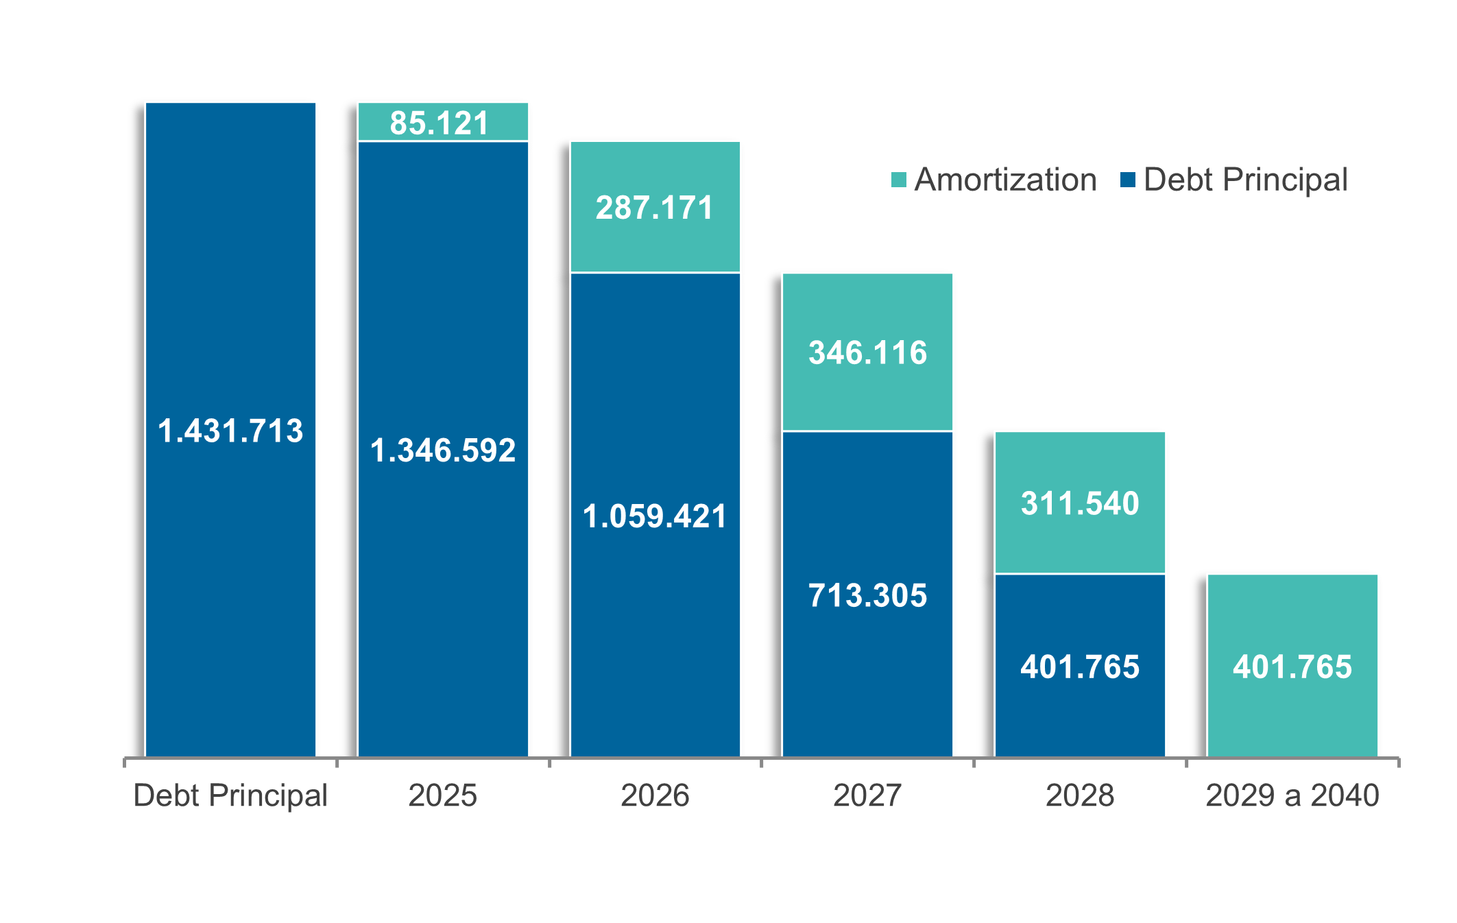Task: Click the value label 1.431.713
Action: (x=230, y=431)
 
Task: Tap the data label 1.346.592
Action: (x=443, y=451)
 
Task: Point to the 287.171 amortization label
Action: (x=655, y=208)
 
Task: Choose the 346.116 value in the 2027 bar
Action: (x=867, y=352)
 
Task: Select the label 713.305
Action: (x=867, y=595)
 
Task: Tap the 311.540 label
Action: (x=1080, y=503)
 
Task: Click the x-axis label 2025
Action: (x=443, y=795)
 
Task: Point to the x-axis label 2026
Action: (x=655, y=795)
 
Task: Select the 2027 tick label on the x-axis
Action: (x=867, y=795)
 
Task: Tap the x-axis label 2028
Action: (x=1080, y=795)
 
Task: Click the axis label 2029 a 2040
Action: (x=1292, y=795)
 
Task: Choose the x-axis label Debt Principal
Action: (x=230, y=795)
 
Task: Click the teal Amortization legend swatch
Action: (x=898, y=180)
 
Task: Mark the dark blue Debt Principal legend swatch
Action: (x=1128, y=180)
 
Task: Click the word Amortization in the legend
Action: (x=1005, y=180)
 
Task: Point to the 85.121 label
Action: (x=439, y=123)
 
